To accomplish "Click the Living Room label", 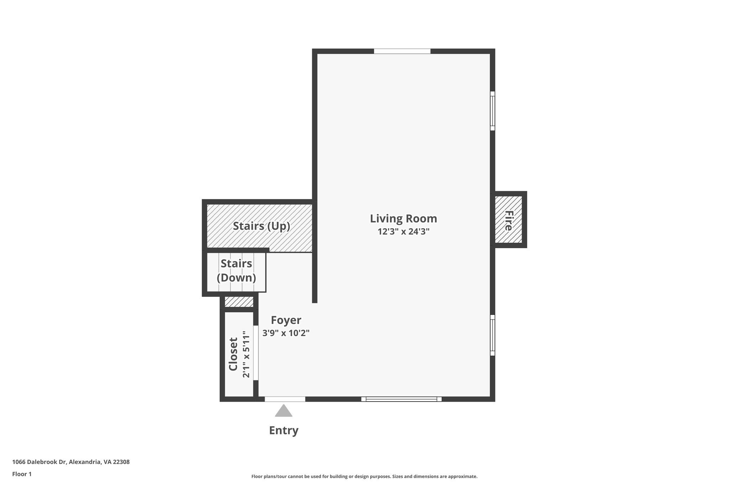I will pos(403,218).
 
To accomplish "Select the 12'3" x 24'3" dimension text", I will pos(403,232).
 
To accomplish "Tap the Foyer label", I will pos(286,320).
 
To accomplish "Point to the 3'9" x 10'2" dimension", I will pos(286,333).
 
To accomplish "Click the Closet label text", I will pos(233,354).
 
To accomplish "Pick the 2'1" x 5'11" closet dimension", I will pos(246,354).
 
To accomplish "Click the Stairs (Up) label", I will pos(261,226).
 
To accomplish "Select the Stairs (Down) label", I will pos(236,271).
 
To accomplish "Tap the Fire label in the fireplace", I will pos(508,220).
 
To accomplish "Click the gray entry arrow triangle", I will pos(284,411).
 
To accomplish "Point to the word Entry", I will pos(284,430).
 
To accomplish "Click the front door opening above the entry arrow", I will pos(285,399).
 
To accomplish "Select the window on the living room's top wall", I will pos(402,51).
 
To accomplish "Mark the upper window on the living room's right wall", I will pos(493,111).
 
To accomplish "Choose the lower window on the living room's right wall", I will pos(493,335).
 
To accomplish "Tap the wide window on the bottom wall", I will pos(401,399).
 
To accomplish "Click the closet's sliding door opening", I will pos(256,353).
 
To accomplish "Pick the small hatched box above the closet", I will pos(239,302).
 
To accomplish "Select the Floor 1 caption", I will pos(22,474).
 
